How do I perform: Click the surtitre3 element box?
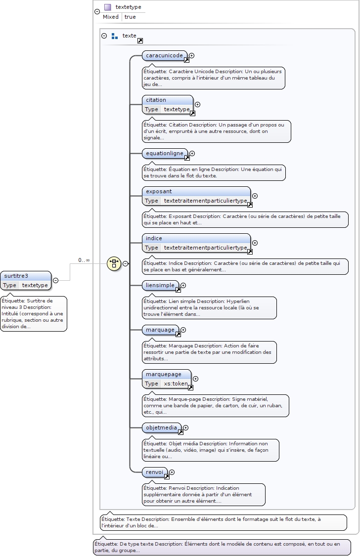click(25, 276)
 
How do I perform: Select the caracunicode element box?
click(164, 55)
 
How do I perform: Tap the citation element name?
click(156, 100)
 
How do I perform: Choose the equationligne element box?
click(164, 153)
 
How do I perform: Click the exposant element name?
click(159, 191)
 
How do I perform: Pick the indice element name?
click(154, 238)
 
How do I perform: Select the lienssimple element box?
click(160, 285)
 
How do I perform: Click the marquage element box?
click(160, 330)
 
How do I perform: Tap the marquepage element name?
click(163, 374)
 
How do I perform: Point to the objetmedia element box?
click(161, 428)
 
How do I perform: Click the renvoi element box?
click(154, 472)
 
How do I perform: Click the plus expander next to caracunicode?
click(192, 56)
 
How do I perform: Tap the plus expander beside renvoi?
click(172, 472)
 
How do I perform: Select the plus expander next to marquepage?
click(195, 379)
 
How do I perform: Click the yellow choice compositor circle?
click(114, 263)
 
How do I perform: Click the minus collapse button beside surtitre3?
click(55, 280)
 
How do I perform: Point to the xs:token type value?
click(176, 384)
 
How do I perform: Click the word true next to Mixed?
click(130, 17)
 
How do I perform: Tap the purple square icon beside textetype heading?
click(107, 7)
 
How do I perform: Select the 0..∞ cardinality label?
click(84, 260)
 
